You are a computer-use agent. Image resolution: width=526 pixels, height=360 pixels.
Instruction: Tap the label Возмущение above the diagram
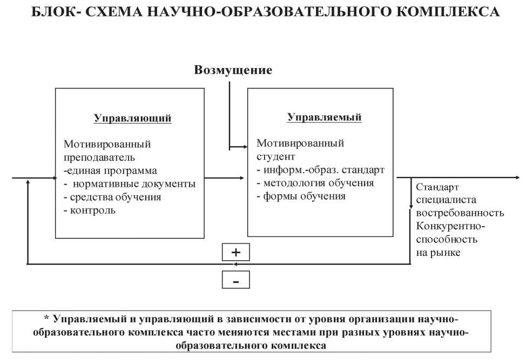(x=233, y=70)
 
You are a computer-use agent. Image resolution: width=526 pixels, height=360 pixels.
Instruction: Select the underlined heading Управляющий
(x=132, y=118)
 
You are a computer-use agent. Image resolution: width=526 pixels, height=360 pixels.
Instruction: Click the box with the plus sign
(x=236, y=252)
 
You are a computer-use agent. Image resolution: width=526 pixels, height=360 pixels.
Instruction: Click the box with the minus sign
(x=236, y=280)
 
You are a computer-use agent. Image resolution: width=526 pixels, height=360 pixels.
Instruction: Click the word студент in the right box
(x=276, y=157)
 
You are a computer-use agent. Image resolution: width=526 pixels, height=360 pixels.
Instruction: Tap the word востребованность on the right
(x=460, y=213)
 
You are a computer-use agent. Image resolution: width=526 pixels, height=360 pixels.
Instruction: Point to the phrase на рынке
(x=438, y=252)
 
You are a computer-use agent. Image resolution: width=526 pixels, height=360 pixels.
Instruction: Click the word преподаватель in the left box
(x=99, y=158)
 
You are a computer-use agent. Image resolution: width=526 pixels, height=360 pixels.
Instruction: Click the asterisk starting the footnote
(x=46, y=318)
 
